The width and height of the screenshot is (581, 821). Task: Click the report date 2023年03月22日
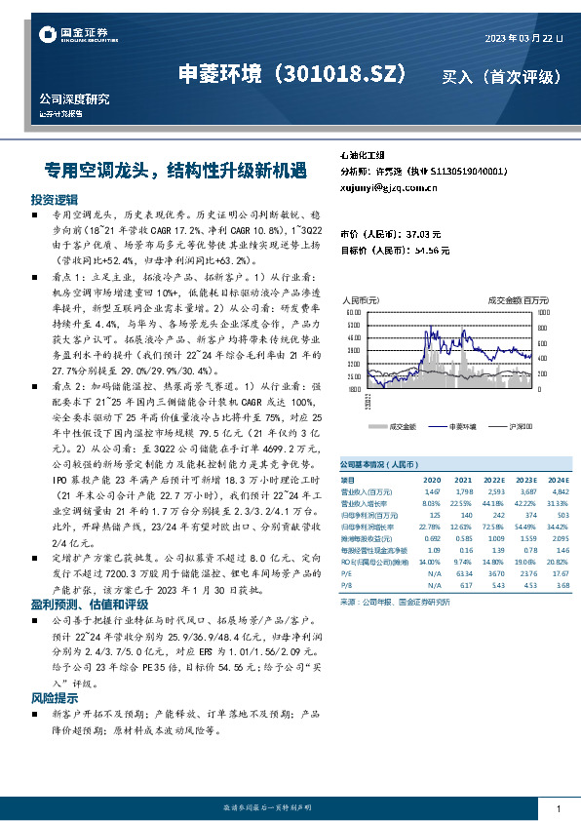coord(523,38)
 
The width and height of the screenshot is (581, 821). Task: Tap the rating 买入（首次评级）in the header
coord(501,75)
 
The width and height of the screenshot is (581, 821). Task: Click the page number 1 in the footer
coord(557,810)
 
